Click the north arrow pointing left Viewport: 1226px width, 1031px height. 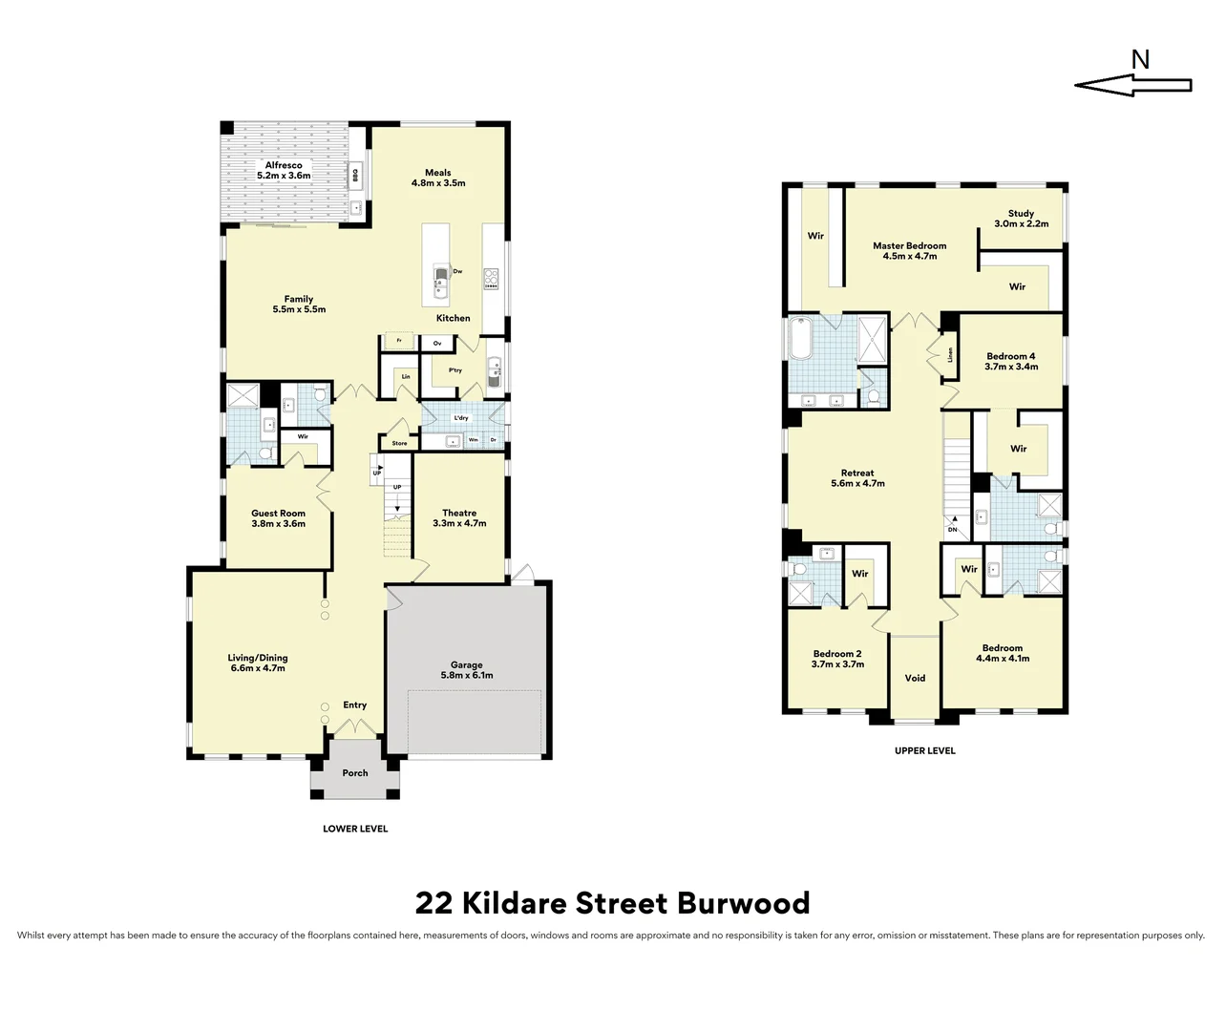[x=1132, y=86]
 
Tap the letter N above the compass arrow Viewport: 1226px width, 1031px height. [x=1140, y=59]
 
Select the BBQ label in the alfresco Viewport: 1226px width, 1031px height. [x=355, y=176]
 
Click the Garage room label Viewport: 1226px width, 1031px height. [x=467, y=670]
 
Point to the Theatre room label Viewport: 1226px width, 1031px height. [x=459, y=517]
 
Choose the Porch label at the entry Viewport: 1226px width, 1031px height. [x=355, y=773]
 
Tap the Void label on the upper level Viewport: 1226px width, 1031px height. [x=915, y=679]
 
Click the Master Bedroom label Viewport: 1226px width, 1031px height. [x=909, y=250]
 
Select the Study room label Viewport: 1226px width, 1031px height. [x=1021, y=219]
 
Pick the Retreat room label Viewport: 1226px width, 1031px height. [x=857, y=478]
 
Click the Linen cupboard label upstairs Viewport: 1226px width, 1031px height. [x=950, y=355]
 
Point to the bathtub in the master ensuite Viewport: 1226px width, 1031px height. [x=800, y=338]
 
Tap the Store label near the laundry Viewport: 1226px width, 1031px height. [x=399, y=443]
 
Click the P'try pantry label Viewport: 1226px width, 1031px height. [x=454, y=370]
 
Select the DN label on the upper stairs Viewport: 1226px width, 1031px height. [x=952, y=530]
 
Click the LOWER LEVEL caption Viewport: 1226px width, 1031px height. [x=355, y=829]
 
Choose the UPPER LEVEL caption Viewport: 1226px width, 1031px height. [x=924, y=750]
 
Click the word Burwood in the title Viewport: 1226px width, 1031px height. [x=744, y=903]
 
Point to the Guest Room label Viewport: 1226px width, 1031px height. [x=278, y=518]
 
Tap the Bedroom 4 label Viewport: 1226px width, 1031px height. [x=1011, y=361]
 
